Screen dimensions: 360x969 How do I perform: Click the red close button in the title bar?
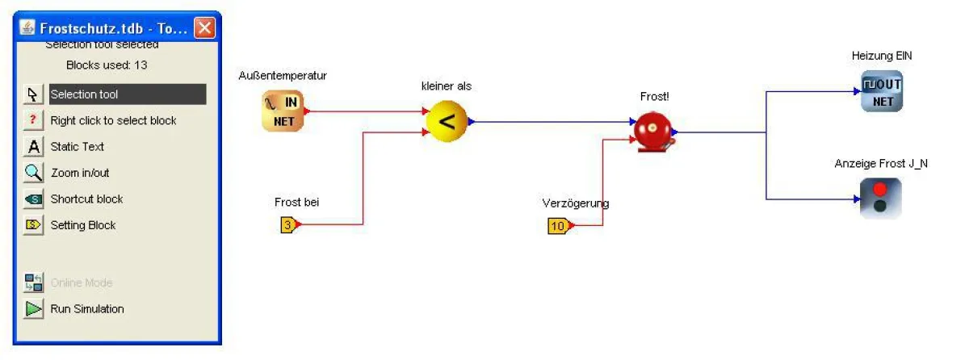click(x=205, y=28)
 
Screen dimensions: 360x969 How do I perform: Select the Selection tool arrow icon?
click(x=33, y=94)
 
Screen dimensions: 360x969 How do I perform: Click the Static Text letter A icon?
click(x=33, y=147)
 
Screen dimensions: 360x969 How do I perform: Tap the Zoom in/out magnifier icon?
click(x=33, y=173)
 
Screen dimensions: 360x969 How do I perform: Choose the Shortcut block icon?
click(x=33, y=199)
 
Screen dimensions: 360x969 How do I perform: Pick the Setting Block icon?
click(x=33, y=225)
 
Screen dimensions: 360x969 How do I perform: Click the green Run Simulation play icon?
click(x=33, y=309)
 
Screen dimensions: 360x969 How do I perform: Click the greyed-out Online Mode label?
click(x=82, y=283)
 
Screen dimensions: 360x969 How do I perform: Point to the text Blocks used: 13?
click(x=107, y=65)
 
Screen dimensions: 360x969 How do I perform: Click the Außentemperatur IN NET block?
click(x=283, y=111)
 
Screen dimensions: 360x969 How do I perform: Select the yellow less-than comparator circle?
click(x=447, y=123)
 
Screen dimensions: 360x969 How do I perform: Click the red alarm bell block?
click(x=652, y=131)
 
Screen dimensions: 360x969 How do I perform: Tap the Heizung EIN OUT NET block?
click(x=881, y=92)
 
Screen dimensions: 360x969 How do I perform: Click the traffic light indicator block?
click(x=880, y=198)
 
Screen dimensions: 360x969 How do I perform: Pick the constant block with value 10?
click(x=558, y=226)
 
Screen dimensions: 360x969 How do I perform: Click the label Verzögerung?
click(x=576, y=203)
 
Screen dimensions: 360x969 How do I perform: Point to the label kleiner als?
click(x=447, y=86)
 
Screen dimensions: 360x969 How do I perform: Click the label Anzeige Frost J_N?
click(x=881, y=164)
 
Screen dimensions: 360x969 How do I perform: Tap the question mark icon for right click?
click(x=33, y=120)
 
